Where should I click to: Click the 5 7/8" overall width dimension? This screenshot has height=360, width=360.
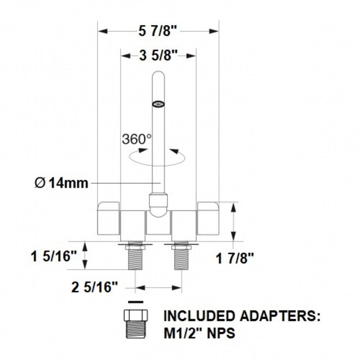[x=158, y=31]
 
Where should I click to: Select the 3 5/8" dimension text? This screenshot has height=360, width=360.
[x=158, y=56]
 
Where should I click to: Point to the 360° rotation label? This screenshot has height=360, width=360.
[x=136, y=139]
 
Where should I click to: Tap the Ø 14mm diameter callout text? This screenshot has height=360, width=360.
[x=61, y=183]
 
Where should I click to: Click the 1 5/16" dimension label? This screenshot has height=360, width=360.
[x=54, y=257]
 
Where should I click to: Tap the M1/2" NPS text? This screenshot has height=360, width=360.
[x=199, y=333]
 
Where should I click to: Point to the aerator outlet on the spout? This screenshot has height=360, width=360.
[x=158, y=104]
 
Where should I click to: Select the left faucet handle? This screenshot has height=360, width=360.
[x=109, y=218]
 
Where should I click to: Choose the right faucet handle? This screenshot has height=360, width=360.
[x=208, y=218]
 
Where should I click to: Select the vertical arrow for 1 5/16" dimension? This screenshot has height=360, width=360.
[x=86, y=256]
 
